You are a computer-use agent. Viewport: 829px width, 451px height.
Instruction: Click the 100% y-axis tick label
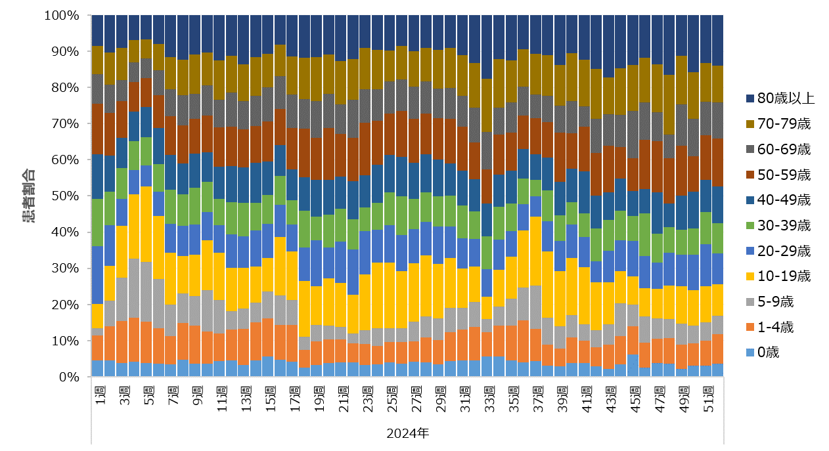pyautogui.click(x=62, y=15)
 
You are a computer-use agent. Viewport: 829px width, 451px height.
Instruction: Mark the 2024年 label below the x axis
pyautogui.click(x=407, y=433)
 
